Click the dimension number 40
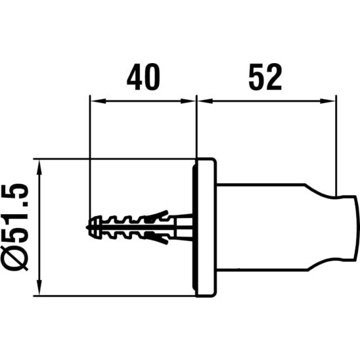(x=143, y=77)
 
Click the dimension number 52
(x=265, y=77)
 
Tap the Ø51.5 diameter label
(x=14, y=227)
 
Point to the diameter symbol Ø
(x=14, y=259)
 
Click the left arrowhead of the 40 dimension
(x=99, y=101)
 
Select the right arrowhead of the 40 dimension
(x=188, y=101)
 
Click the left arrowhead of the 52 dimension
(x=205, y=101)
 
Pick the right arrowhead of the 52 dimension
(x=328, y=101)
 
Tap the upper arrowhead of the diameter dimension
(x=39, y=168)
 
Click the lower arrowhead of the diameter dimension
(x=39, y=287)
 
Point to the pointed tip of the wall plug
(x=87, y=227)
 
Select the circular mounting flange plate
(x=204, y=227)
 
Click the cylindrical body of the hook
(x=261, y=227)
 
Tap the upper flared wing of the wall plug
(x=158, y=215)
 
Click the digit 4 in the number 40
(x=135, y=77)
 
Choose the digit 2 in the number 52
(x=274, y=77)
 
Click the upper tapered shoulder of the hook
(x=321, y=191)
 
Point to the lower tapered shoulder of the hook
(x=321, y=264)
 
